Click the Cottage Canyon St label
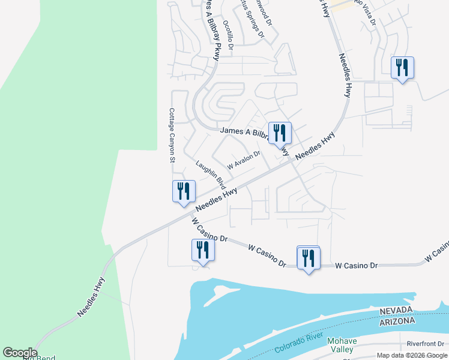click(171, 136)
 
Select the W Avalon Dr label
click(243, 160)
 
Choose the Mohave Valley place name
click(342, 345)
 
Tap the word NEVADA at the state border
click(396, 310)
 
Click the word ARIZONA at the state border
click(396, 321)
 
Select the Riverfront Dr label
click(425, 344)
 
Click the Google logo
click(20, 353)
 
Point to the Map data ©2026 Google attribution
click(412, 356)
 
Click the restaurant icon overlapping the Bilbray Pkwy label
click(280, 132)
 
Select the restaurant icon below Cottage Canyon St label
click(184, 190)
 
